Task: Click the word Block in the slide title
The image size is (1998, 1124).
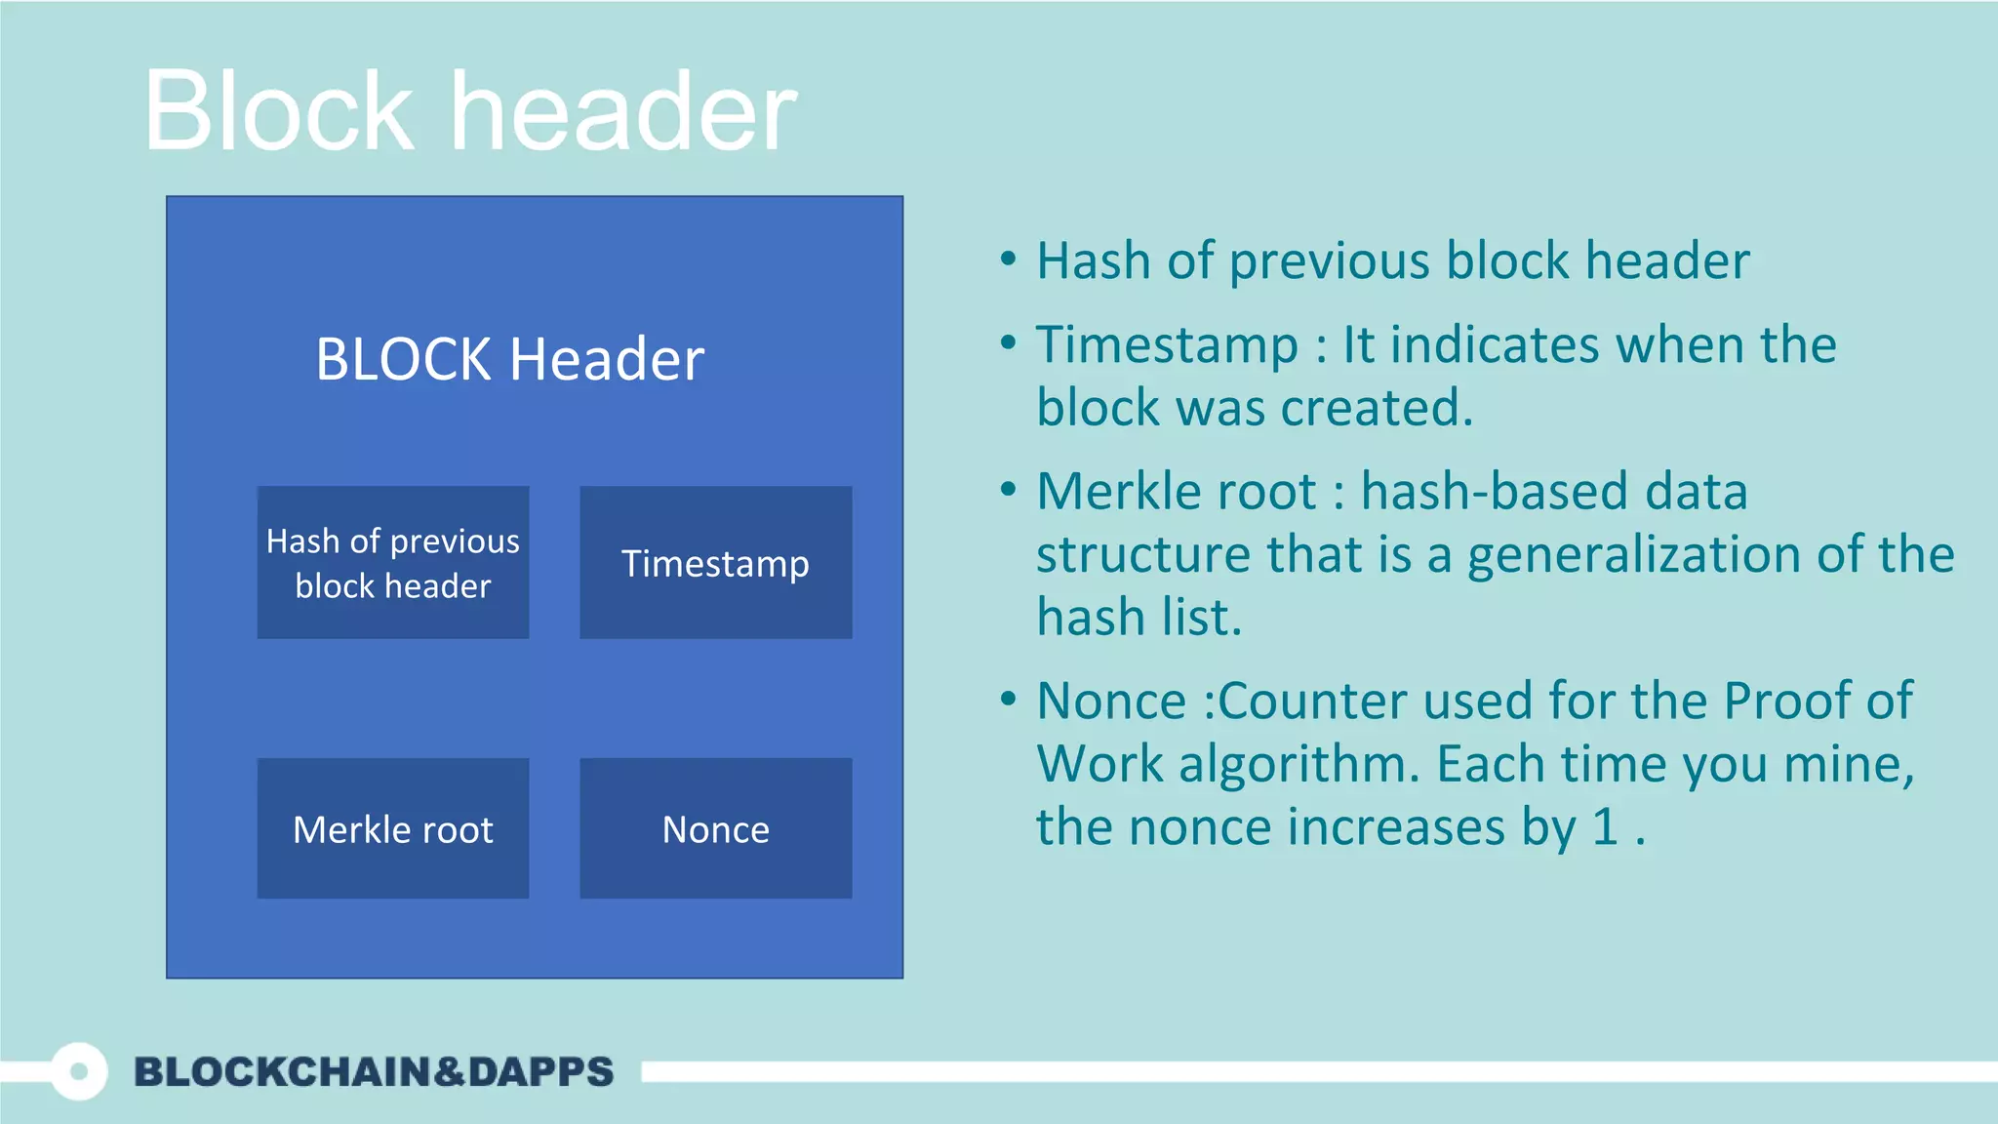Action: pos(279,111)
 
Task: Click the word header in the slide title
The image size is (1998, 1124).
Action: pos(624,111)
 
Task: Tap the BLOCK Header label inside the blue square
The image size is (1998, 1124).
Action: pos(509,359)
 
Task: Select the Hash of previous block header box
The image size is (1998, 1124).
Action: pos(393,563)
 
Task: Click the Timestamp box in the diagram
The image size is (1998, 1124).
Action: pos(715,563)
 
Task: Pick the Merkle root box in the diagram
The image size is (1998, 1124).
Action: pos(393,828)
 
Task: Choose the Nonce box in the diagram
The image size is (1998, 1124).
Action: pos(715,828)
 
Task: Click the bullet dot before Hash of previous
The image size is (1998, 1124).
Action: pos(1009,260)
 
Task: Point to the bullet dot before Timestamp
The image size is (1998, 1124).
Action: pos(1009,342)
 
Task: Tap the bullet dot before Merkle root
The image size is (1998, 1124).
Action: pos(1009,489)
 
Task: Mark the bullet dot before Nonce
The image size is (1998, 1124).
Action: pos(1009,699)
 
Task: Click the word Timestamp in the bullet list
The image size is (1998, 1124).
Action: pos(1167,345)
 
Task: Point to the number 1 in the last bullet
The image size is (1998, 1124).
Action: pos(1606,826)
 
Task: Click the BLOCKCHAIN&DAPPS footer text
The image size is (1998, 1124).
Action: pos(374,1071)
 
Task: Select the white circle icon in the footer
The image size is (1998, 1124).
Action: pos(79,1071)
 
